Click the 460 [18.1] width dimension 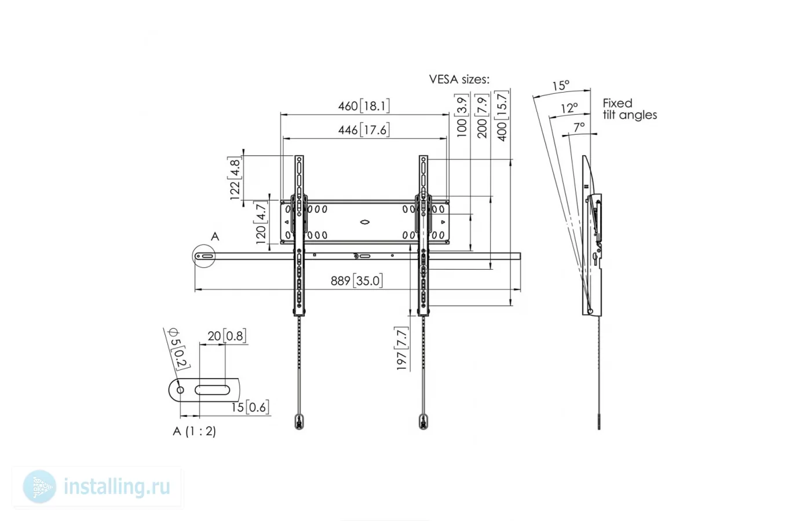[x=364, y=106]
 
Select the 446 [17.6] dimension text [x=364, y=130]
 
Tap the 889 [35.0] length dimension [x=357, y=281]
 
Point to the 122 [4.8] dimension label [x=235, y=178]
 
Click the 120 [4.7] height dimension [x=261, y=222]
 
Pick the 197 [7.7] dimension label [x=402, y=348]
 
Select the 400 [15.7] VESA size [x=502, y=116]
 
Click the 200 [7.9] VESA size [x=482, y=116]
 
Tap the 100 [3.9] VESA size [x=462, y=116]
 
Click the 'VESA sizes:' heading [x=459, y=79]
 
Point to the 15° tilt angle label [x=561, y=86]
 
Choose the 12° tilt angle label [x=569, y=108]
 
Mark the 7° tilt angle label [x=579, y=127]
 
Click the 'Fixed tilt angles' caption [x=630, y=109]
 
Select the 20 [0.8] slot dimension [x=227, y=336]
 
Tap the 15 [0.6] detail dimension [x=250, y=408]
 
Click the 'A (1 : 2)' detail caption [x=195, y=431]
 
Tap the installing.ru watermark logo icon [x=39, y=487]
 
